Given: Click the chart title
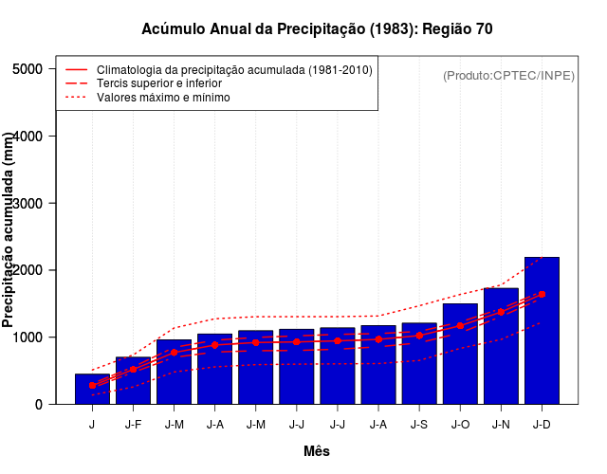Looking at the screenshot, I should (317, 29).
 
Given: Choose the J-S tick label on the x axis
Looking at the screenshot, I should (419, 425).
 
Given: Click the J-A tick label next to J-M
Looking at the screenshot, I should (214, 425).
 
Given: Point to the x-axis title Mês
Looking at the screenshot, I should (317, 451).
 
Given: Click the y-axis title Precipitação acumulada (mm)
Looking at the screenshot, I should (9, 230).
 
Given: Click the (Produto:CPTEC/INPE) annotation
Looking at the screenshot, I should (509, 75).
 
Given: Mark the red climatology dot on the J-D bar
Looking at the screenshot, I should (542, 294).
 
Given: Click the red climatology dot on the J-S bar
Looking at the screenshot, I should (419, 335).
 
